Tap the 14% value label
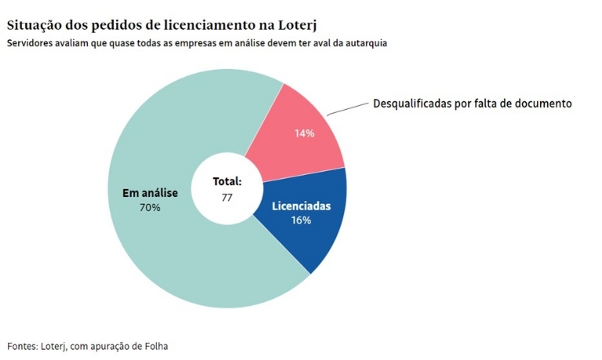click(x=304, y=133)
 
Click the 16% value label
click(x=301, y=220)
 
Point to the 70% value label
click(x=150, y=208)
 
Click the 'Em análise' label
click(x=150, y=193)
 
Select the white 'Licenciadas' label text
click(x=301, y=206)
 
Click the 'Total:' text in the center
click(x=227, y=181)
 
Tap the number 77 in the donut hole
click(x=227, y=197)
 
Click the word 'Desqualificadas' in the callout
click(x=411, y=104)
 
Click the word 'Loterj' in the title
click(x=299, y=25)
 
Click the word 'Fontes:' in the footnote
click(x=23, y=346)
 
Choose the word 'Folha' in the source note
click(x=155, y=346)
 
